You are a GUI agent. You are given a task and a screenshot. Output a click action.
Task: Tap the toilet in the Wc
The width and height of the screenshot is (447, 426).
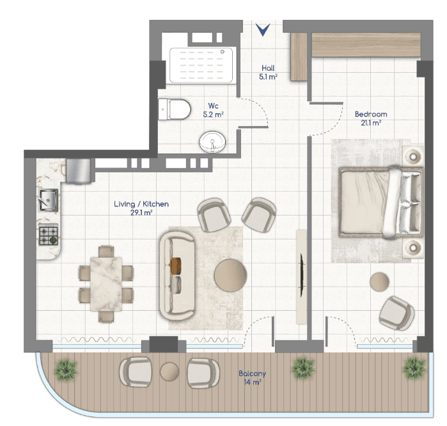(174, 109)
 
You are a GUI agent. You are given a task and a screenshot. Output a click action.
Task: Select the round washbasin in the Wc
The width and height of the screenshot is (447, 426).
(212, 142)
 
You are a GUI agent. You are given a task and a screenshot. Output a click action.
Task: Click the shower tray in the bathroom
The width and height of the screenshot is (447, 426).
(201, 65)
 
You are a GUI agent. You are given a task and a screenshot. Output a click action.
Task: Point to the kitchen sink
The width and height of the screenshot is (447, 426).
(49, 200)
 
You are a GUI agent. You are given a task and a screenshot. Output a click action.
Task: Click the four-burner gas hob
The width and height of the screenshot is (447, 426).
(49, 235)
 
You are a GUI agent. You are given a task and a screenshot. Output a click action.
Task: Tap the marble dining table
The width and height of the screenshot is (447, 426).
(106, 284)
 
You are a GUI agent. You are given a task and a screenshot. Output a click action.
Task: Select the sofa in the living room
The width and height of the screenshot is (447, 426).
(177, 276)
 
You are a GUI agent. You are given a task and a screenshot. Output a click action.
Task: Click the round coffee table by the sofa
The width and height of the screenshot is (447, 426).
(230, 275)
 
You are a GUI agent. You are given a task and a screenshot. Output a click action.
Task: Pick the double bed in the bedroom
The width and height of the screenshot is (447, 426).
(381, 202)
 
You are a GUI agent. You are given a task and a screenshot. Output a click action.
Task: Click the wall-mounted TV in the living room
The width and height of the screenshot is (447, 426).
(302, 275)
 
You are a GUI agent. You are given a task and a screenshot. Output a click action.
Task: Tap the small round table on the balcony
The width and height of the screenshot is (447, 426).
(169, 372)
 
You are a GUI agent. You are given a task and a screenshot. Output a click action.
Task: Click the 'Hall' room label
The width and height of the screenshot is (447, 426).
(268, 68)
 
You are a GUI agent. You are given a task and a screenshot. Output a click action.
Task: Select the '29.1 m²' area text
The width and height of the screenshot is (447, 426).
(141, 213)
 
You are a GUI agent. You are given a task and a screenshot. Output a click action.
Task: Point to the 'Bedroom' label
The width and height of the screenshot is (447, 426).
(371, 114)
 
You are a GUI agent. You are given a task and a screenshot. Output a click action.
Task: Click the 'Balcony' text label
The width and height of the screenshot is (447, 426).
(253, 374)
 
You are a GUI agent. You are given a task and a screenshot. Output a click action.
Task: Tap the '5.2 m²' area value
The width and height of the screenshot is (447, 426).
(213, 114)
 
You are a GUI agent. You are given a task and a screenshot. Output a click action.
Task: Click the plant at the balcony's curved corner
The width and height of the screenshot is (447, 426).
(66, 370)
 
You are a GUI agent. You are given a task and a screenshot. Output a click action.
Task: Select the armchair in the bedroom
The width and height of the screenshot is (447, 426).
(396, 313)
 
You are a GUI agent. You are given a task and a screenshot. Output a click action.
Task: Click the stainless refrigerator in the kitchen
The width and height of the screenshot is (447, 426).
(79, 171)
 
